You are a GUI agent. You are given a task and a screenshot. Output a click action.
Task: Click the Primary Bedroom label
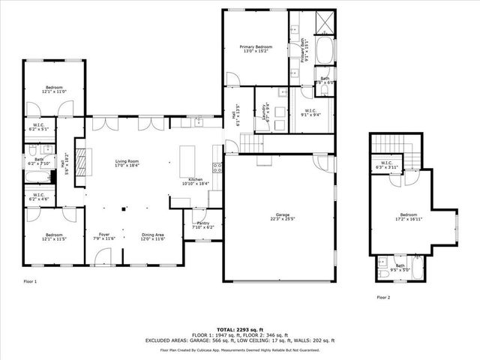[256, 49]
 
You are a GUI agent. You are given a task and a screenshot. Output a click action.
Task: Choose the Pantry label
[203, 224]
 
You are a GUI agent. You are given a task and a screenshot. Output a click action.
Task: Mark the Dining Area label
[153, 237]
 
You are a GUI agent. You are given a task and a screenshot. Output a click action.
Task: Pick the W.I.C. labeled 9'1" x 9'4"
[310, 114]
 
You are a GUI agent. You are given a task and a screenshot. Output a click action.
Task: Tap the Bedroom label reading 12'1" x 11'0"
[53, 88]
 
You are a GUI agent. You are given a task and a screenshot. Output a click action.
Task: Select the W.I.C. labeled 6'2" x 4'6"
[40, 197]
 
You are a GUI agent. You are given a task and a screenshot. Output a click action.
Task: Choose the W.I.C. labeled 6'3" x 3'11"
[388, 165]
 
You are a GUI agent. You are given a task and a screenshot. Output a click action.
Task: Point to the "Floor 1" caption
[30, 281]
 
